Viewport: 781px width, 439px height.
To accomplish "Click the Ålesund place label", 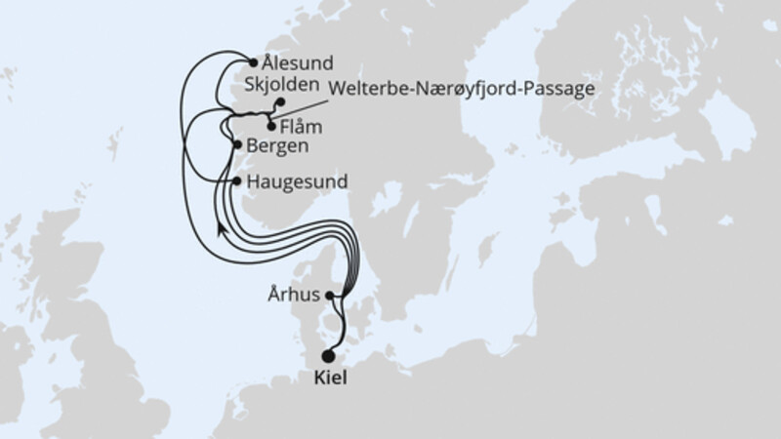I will click(x=296, y=61).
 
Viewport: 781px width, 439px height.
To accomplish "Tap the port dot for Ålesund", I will click(x=254, y=61).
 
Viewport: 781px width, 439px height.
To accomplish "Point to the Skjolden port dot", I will click(x=279, y=101).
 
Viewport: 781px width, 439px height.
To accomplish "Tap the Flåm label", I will click(x=301, y=126).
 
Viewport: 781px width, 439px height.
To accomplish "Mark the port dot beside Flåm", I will click(x=270, y=125).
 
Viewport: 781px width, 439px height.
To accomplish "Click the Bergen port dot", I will click(x=237, y=145).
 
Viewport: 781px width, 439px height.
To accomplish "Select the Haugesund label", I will click(x=298, y=181).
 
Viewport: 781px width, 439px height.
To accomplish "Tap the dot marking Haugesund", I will click(x=237, y=181).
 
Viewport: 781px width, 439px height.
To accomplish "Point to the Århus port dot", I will click(x=330, y=296).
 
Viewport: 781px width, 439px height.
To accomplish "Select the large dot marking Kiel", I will click(x=328, y=356).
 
